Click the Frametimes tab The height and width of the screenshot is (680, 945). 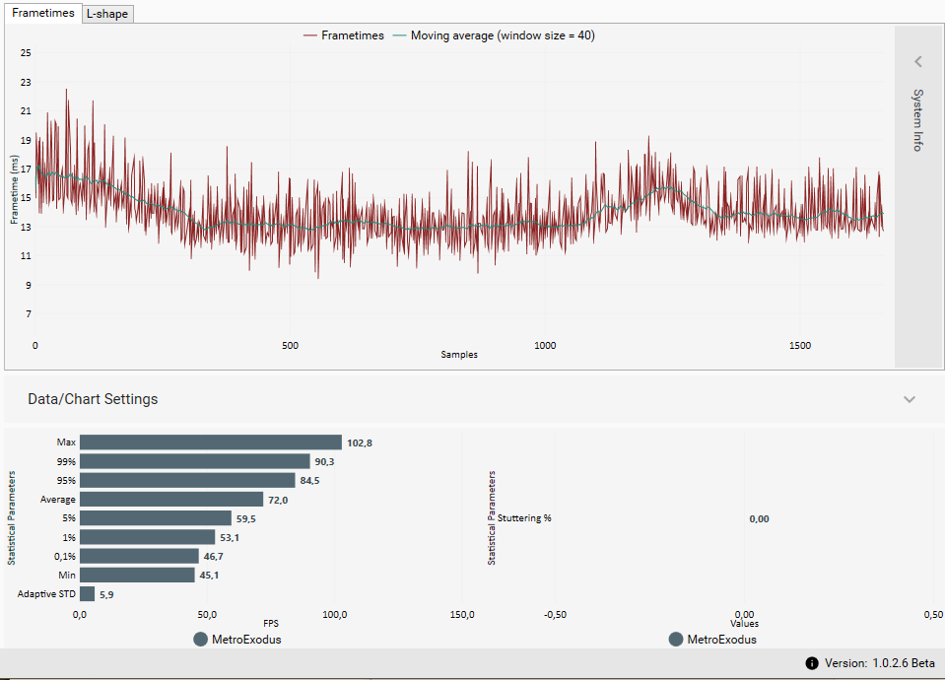[43, 13]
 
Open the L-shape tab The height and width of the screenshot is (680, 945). [107, 14]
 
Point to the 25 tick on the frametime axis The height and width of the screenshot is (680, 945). [26, 52]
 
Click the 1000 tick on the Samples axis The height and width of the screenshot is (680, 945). [545, 346]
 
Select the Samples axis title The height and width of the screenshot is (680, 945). [459, 355]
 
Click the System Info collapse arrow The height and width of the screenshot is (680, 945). [918, 62]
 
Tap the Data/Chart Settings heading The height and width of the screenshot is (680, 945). [93, 399]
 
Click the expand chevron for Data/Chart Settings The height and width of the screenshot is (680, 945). [910, 399]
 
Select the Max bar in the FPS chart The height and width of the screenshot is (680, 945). [211, 442]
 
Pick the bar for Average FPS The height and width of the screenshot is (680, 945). [171, 500]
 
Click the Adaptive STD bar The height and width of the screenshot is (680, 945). [87, 594]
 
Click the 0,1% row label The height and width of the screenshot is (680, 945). [65, 557]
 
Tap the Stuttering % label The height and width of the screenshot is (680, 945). [524, 518]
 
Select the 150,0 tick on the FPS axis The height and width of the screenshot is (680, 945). [462, 615]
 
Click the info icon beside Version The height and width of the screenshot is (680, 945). [812, 663]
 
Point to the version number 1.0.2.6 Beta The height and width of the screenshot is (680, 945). [904, 663]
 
